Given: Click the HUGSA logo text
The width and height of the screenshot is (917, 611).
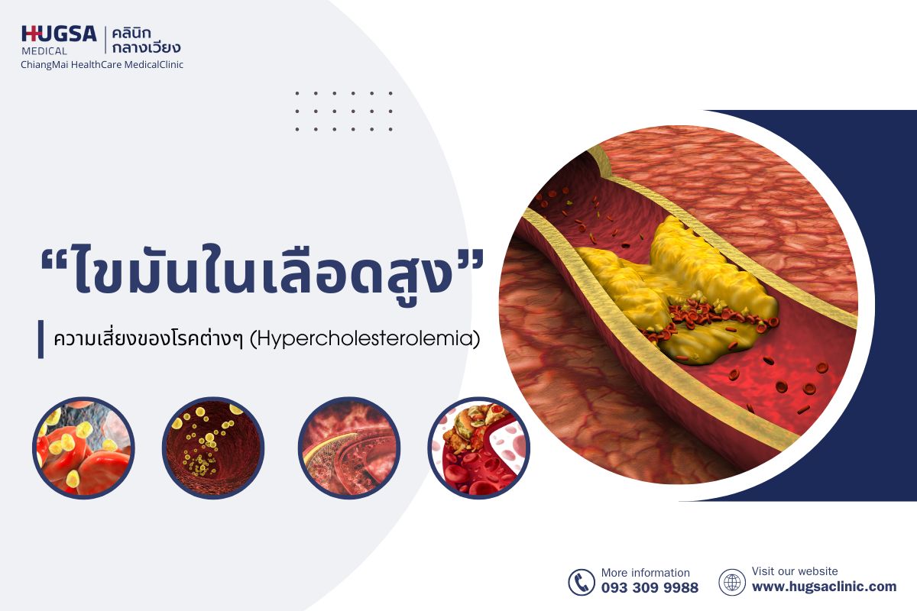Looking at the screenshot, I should click(59, 34).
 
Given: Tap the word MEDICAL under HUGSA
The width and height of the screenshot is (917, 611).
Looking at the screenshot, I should click(44, 51).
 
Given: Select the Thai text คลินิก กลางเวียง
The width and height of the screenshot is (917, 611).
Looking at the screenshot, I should click(146, 40).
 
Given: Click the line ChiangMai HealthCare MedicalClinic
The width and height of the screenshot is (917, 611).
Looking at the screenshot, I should click(102, 65).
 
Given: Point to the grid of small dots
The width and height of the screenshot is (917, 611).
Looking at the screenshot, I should click(343, 112).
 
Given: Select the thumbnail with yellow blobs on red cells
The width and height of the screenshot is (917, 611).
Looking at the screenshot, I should click(83, 448).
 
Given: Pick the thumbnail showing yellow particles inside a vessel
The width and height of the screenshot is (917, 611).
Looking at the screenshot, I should click(213, 448).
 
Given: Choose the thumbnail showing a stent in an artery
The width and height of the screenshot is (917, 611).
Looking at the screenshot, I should click(348, 448).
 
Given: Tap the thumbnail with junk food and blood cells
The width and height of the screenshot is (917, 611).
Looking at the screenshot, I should click(478, 448).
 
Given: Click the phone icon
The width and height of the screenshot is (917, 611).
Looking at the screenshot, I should click(581, 582).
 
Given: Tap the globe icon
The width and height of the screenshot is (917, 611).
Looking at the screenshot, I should click(731, 582).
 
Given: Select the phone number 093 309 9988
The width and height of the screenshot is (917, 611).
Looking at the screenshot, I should click(650, 588).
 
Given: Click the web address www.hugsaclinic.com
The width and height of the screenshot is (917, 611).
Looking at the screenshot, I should click(824, 587).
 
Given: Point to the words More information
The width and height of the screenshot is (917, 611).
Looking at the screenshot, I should click(645, 573).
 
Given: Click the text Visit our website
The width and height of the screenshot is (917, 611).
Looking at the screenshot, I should click(795, 571).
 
